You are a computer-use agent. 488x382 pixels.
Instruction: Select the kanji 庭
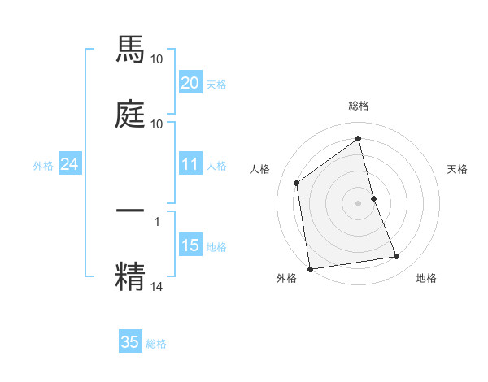[x=131, y=115]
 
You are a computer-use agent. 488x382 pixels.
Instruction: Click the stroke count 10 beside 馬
[x=157, y=59]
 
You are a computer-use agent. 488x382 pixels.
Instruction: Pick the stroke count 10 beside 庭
[x=157, y=124]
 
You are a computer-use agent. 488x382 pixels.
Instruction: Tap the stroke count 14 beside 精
[x=157, y=285]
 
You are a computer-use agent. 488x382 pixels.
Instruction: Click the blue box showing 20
[x=190, y=83]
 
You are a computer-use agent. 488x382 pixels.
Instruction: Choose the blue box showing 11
[x=190, y=164]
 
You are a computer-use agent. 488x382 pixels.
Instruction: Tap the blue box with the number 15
[x=190, y=245]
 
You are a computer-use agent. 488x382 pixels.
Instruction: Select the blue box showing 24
[x=70, y=164]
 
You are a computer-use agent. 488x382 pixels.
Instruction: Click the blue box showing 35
[x=130, y=342]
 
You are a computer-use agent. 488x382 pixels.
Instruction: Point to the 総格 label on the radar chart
[x=359, y=106]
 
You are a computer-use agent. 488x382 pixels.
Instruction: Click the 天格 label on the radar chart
[x=458, y=169]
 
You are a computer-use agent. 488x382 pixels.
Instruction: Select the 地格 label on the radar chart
[x=426, y=278]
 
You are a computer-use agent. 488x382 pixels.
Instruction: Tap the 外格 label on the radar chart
[x=286, y=278]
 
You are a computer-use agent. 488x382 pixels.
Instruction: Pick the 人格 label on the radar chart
[x=259, y=169]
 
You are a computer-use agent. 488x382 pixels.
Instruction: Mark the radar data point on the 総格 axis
[x=359, y=139]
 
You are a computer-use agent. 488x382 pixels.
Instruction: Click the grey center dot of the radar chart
[x=359, y=202]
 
